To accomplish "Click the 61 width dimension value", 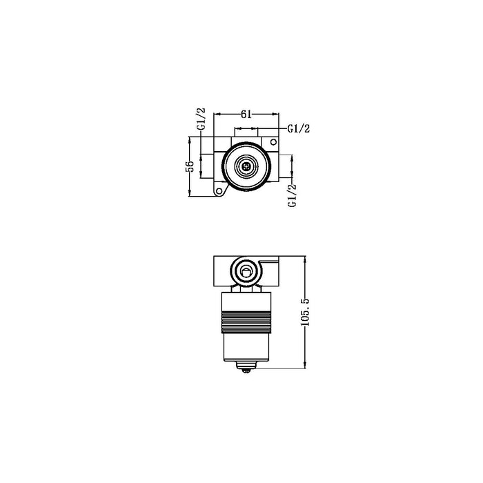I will coord(245,115).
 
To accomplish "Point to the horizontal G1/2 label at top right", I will coord(298,128).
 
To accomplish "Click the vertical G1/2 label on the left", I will coord(201,119).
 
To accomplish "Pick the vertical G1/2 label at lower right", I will coord(292,195).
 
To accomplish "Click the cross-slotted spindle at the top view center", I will coord(245,166).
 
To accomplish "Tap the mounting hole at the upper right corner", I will coord(273,142).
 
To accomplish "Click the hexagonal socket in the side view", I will coord(245,271).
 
